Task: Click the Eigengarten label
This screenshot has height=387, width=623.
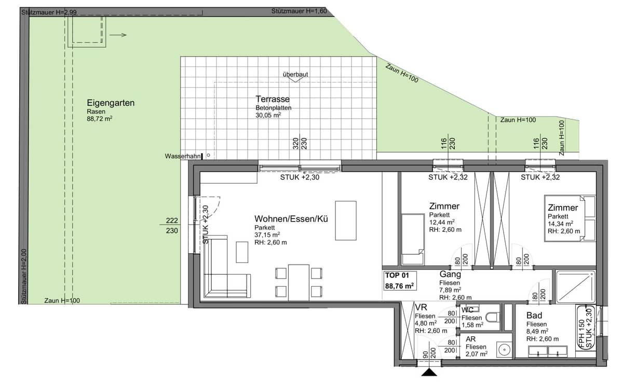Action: [111, 103]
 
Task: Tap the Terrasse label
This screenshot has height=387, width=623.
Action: [273, 99]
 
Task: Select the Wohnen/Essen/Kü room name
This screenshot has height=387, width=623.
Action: [291, 219]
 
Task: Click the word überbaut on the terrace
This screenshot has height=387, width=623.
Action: [295, 74]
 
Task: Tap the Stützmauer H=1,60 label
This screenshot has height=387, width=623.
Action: [299, 11]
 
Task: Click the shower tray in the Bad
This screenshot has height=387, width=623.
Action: [575, 286]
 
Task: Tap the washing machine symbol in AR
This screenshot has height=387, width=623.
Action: [503, 350]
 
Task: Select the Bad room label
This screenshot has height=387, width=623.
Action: [534, 315]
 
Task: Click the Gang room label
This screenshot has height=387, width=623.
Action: [450, 274]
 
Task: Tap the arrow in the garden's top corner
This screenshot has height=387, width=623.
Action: [119, 35]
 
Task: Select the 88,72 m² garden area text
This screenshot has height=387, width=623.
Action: [100, 119]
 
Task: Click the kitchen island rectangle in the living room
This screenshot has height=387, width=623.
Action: [346, 220]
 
